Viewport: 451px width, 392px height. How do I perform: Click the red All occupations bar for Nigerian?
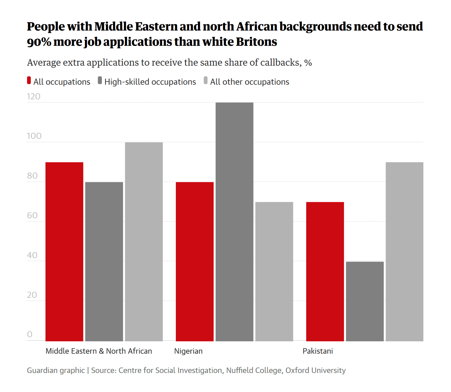(195, 262)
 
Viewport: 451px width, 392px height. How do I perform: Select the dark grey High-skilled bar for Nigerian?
(234, 222)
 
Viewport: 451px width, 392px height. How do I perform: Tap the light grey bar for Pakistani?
(404, 252)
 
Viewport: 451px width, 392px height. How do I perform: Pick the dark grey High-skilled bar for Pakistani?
(365, 301)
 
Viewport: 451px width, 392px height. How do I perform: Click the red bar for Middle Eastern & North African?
(64, 252)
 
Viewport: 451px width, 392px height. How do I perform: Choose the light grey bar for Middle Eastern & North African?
(144, 242)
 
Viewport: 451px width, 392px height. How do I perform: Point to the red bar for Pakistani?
(325, 272)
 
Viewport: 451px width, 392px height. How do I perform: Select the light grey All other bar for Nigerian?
(274, 272)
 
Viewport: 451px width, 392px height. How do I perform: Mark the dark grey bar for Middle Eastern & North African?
(104, 262)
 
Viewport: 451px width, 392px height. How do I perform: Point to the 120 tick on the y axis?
(34, 96)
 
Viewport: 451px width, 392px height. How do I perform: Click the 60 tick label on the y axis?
(32, 215)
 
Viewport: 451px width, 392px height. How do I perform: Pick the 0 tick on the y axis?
(30, 334)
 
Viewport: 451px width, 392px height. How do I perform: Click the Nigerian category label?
(188, 351)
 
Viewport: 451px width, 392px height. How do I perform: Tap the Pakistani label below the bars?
(317, 351)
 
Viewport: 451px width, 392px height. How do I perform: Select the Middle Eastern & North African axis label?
(99, 351)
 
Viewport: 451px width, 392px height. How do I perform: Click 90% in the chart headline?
(39, 42)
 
